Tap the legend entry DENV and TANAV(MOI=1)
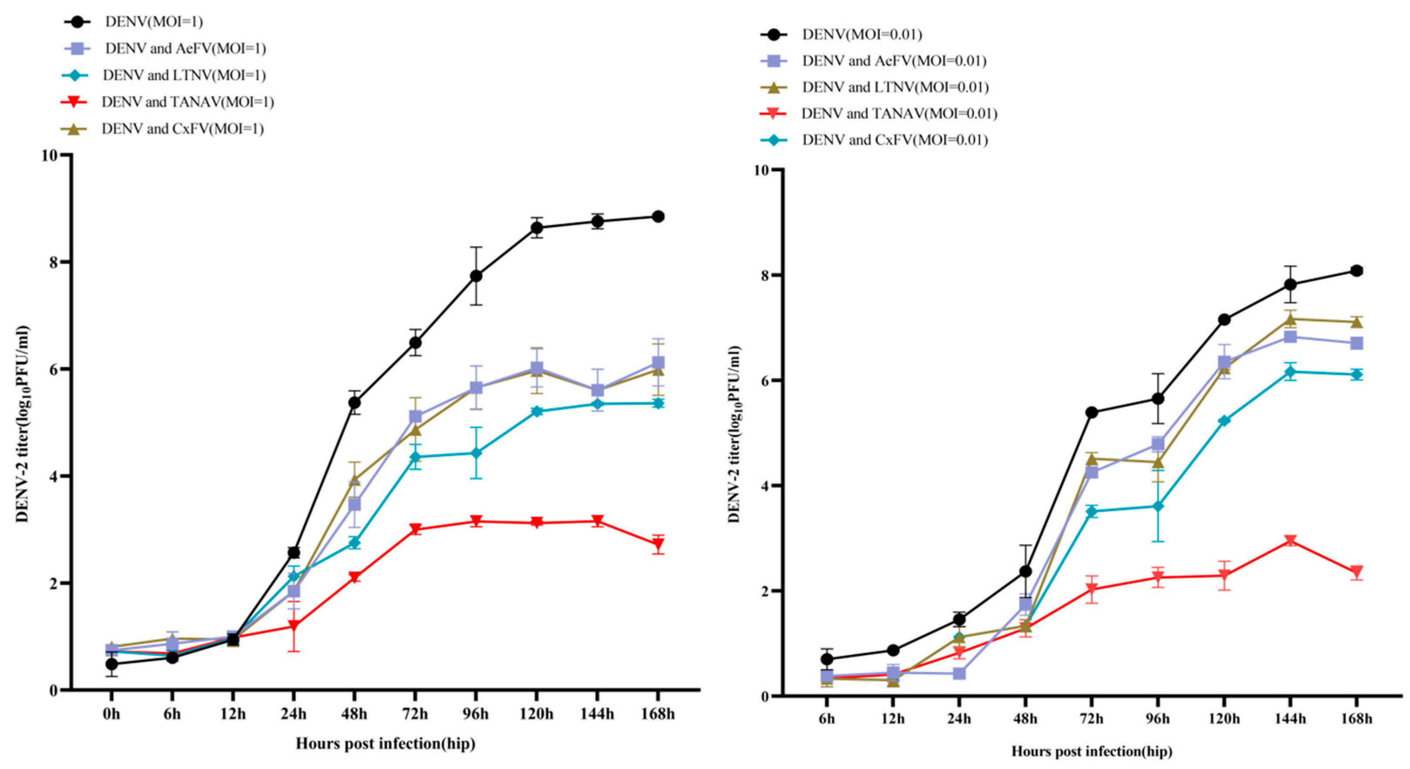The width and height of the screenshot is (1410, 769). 187,102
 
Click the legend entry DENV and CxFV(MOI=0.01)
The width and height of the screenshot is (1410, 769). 894,140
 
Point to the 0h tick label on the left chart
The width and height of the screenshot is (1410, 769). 111,714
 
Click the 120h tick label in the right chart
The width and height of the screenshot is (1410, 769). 1224,718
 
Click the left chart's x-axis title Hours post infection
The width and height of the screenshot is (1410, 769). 385,743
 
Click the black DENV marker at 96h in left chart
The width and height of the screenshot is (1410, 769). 476,276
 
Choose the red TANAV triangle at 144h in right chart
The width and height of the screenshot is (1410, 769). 1291,541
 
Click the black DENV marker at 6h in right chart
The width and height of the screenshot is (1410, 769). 827,659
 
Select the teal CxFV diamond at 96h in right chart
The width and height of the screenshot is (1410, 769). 1158,507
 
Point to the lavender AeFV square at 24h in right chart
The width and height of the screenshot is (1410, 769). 959,673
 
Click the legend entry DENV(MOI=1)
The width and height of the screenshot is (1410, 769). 153,22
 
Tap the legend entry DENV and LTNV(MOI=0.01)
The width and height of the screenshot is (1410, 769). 895,88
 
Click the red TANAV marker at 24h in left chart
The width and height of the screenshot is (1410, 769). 294,625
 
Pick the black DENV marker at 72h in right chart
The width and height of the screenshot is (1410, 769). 1092,413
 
